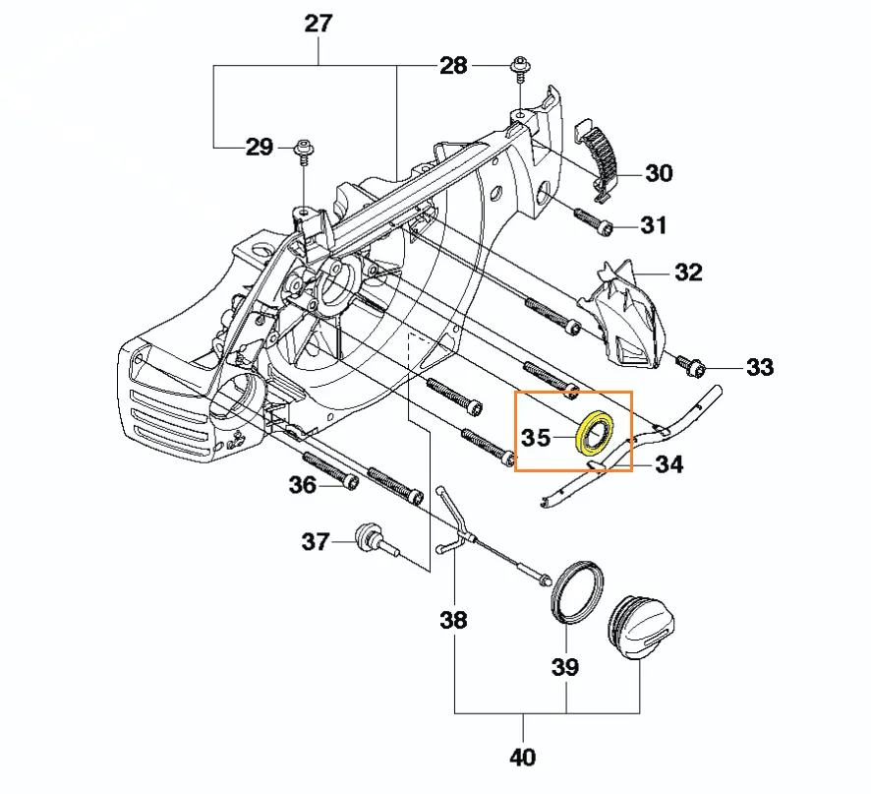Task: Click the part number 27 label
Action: coord(319,24)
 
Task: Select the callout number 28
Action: coord(453,66)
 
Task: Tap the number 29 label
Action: coord(259,148)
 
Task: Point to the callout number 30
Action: coord(659,173)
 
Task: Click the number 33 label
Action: coord(759,368)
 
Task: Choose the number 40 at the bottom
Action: coord(523,758)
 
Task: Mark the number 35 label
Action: coord(536,437)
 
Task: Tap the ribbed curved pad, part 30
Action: coord(601,149)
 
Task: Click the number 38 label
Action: coord(454,621)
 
